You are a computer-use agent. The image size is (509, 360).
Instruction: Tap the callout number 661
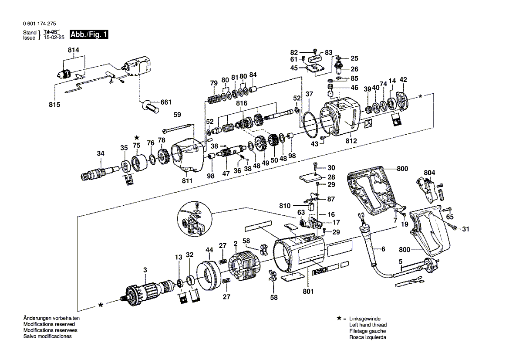(166, 102)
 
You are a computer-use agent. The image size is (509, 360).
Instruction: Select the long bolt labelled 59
(178, 128)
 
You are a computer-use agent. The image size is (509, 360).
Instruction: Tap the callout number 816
(242, 103)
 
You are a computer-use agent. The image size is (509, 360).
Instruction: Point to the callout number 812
(351, 141)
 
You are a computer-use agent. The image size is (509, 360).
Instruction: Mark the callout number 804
(429, 173)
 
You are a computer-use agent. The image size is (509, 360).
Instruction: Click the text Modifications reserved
(49, 325)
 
